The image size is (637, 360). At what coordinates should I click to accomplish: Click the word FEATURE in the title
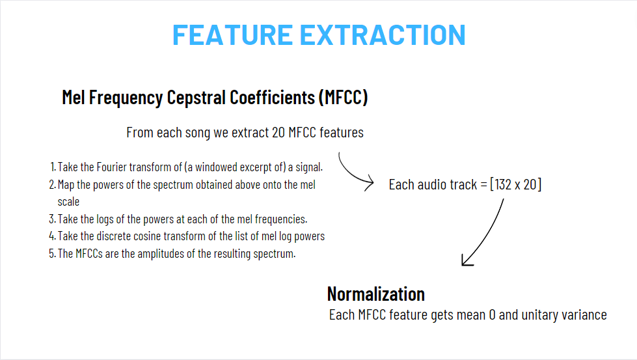point(232,35)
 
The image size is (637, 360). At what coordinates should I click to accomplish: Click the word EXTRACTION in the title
point(383,35)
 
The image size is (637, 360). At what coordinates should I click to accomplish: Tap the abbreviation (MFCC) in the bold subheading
point(344,98)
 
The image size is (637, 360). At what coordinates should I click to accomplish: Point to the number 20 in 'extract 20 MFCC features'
point(278,132)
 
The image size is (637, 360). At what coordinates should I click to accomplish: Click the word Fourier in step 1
point(111,167)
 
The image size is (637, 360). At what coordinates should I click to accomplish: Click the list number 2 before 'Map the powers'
point(52,184)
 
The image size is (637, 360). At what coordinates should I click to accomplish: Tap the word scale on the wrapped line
point(68,202)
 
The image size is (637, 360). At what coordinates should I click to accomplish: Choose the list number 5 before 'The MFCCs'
point(52,253)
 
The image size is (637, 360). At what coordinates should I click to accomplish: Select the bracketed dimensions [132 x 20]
point(515,184)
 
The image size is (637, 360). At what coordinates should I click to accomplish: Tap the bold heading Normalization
point(376,294)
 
